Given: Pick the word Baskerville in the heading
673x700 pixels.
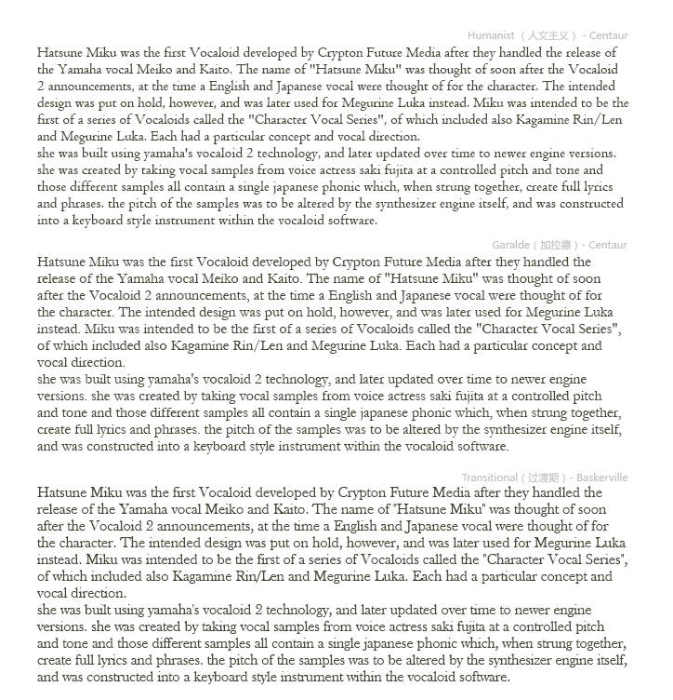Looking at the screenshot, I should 601,478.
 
